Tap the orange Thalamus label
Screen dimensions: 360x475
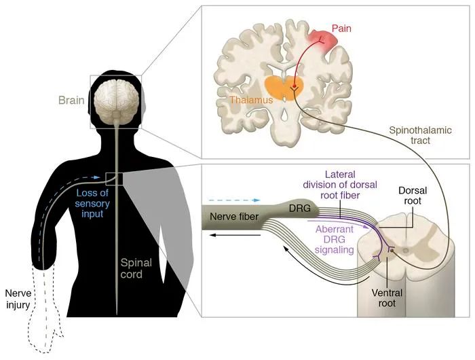(250, 100)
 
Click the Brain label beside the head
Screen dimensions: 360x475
(71, 101)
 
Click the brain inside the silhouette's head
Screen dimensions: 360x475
(117, 94)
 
